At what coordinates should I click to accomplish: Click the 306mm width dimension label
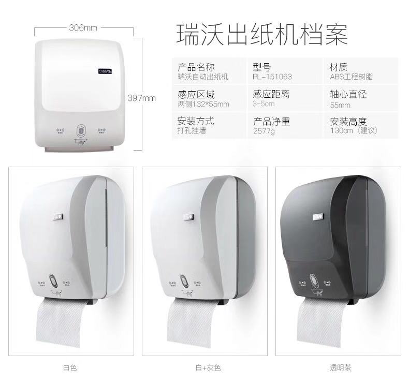83,28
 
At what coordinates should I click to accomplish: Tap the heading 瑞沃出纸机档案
261,34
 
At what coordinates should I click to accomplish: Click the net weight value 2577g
264,131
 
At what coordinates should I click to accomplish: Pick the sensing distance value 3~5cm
264,104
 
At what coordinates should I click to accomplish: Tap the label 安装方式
196,122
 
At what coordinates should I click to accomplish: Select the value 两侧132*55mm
203,104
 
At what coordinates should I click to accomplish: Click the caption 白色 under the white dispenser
70,368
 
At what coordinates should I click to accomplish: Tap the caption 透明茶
341,368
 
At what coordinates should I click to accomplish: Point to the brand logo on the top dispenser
105,67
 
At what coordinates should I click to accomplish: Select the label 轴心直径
348,95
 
